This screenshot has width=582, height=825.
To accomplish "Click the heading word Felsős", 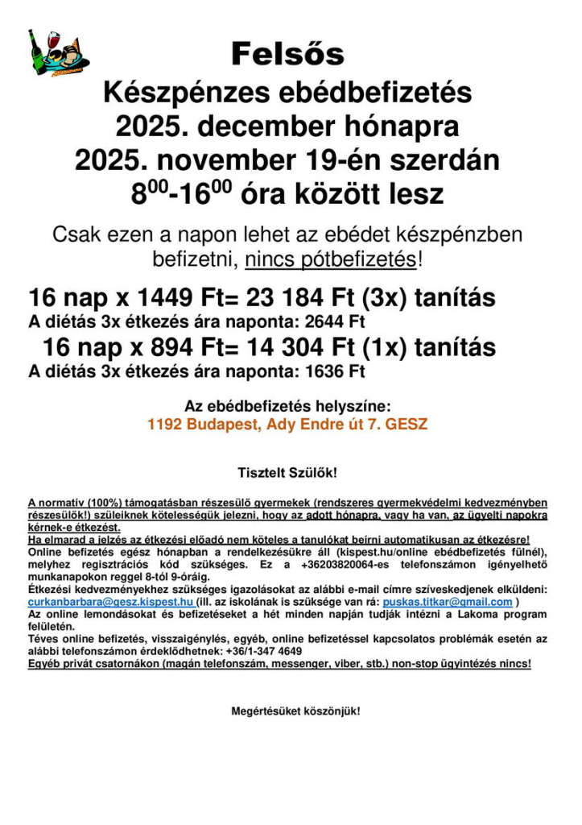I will [287, 54].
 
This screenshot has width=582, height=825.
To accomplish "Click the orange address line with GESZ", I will [287, 424].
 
